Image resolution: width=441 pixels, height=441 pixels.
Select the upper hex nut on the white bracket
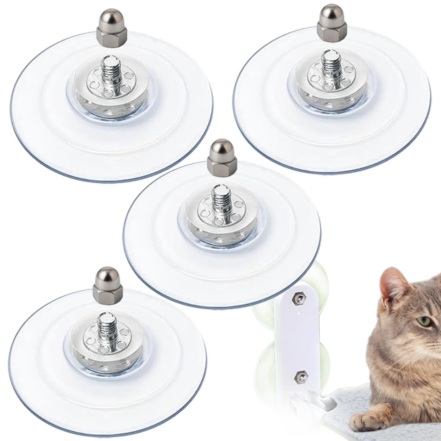click(295, 299)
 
